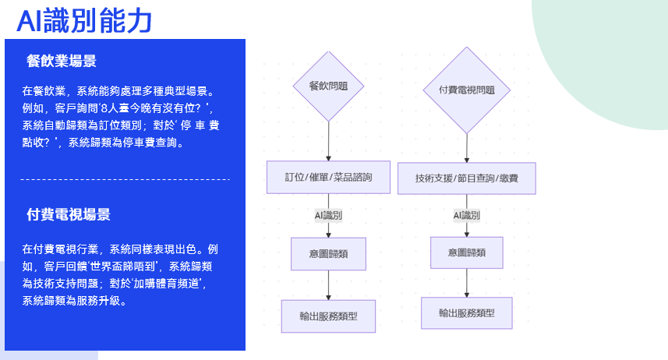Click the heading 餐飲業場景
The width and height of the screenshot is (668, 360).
point(62,62)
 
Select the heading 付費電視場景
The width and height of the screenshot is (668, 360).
point(69,215)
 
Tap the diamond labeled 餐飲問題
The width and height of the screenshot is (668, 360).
point(328,86)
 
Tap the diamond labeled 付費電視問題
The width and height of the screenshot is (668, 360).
point(467,90)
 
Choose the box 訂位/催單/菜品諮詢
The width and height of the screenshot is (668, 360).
point(328,178)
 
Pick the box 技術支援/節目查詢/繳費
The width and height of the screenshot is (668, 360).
point(467,178)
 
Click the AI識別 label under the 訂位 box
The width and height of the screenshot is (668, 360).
point(328,214)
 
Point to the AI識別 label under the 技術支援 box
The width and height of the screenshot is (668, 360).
point(467,215)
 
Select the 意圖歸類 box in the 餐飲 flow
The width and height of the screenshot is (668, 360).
point(328,253)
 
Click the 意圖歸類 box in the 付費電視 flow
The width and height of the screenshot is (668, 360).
point(467,252)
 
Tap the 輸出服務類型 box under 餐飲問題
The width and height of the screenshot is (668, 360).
point(328,316)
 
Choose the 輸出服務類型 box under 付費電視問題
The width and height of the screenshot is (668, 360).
point(467,312)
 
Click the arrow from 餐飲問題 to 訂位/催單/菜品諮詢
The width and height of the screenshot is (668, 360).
point(328,142)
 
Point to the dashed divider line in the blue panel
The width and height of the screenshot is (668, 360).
point(125,179)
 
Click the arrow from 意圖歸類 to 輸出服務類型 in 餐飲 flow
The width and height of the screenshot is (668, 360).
point(328,284)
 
